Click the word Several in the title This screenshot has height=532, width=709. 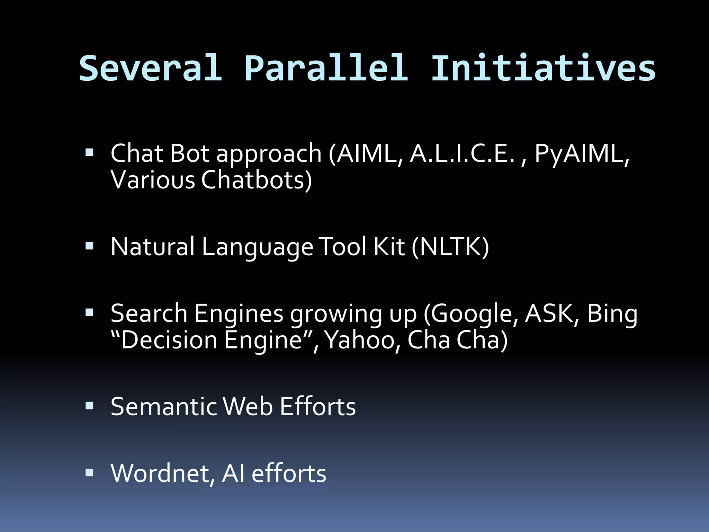pos(151,68)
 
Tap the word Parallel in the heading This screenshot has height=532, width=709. pos(326,68)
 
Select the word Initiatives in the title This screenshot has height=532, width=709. pos(543,68)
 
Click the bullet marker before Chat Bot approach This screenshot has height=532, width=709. pos(89,152)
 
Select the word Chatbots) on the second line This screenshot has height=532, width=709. pos(257,180)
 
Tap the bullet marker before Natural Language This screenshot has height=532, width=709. pos(89,246)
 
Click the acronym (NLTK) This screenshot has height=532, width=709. pos(450,247)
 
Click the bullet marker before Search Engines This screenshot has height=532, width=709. pos(89,313)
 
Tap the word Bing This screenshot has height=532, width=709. pos(612,314)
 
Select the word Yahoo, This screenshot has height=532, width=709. pos(362,340)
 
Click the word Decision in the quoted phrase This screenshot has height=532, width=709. pos(169,340)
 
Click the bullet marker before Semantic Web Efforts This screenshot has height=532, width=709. pos(89,406)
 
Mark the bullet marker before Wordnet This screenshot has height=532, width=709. pos(89,472)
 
